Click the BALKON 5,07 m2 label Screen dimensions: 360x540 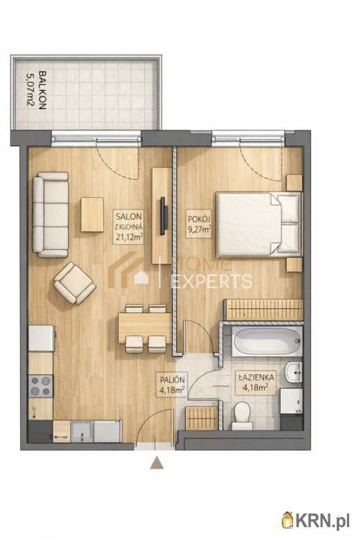click(x=37, y=90)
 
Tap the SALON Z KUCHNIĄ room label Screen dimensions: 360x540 click(x=128, y=227)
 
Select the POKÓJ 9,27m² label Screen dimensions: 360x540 click(x=199, y=225)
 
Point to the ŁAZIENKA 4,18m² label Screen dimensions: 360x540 click(x=256, y=382)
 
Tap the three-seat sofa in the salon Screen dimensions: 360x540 click(x=50, y=215)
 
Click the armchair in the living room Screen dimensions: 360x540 click(x=75, y=283)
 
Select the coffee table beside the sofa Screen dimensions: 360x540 click(x=92, y=215)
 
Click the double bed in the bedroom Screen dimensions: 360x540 click(x=258, y=225)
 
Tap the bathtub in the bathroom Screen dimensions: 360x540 click(x=267, y=341)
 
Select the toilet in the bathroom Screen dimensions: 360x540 click(x=241, y=415)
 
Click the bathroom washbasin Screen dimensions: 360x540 click(x=294, y=372)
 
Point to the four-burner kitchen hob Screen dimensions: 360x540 click(x=40, y=386)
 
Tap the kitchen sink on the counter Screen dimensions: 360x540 click(x=82, y=431)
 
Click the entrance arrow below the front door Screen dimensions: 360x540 click(x=156, y=463)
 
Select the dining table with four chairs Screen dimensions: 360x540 click(x=145, y=328)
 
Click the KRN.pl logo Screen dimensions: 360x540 click(x=316, y=519)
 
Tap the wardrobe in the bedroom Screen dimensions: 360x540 click(x=264, y=310)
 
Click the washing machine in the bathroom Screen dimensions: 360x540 click(x=292, y=400)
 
